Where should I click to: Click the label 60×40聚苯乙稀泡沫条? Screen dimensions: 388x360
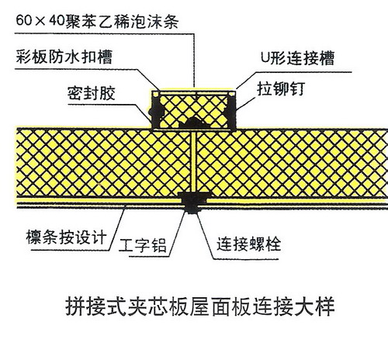point(97,21)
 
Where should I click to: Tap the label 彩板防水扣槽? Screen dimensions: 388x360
point(64,57)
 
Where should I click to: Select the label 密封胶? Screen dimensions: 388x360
point(92,93)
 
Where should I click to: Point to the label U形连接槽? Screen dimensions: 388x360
point(297,57)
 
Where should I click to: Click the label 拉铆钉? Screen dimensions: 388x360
point(281,88)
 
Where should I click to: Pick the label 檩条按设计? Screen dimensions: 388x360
point(67,237)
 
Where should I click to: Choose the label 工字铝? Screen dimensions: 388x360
point(143,245)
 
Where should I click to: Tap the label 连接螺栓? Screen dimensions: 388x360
point(249,244)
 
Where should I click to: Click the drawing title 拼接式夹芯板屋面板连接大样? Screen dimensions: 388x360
point(200,307)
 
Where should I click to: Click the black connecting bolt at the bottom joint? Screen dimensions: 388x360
point(193,202)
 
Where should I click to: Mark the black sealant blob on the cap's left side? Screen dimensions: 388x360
point(156,111)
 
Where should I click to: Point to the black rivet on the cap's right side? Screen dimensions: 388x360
point(230,111)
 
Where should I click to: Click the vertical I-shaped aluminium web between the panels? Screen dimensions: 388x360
point(193,161)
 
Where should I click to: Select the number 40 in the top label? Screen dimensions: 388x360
point(57,21)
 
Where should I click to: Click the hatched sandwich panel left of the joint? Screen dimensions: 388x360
point(103,162)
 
